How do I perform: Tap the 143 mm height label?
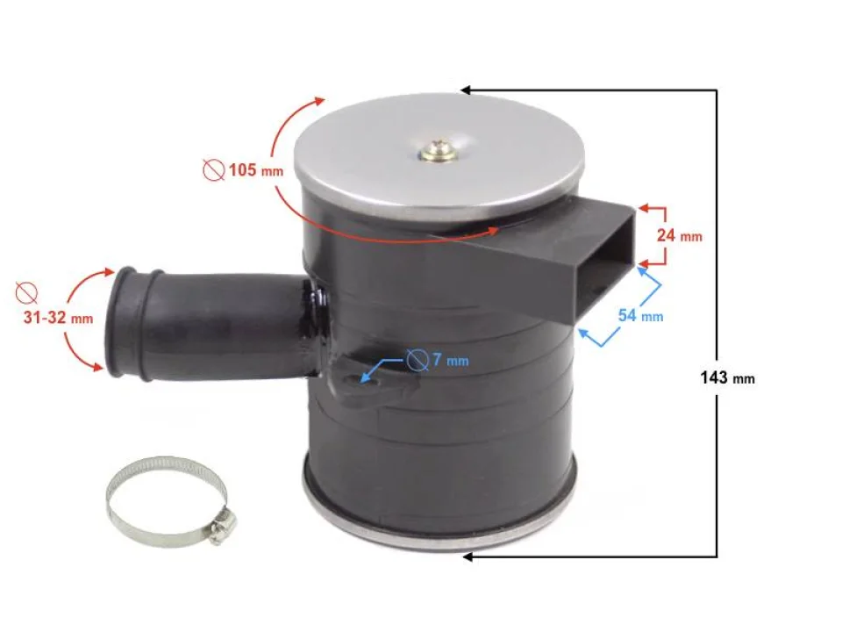[x=727, y=378]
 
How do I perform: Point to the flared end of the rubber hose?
[x=122, y=322]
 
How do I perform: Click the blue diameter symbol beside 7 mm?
[x=417, y=360]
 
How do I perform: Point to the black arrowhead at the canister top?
[x=467, y=90]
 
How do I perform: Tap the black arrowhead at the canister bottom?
[x=467, y=557]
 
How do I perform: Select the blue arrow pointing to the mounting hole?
[x=386, y=369]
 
